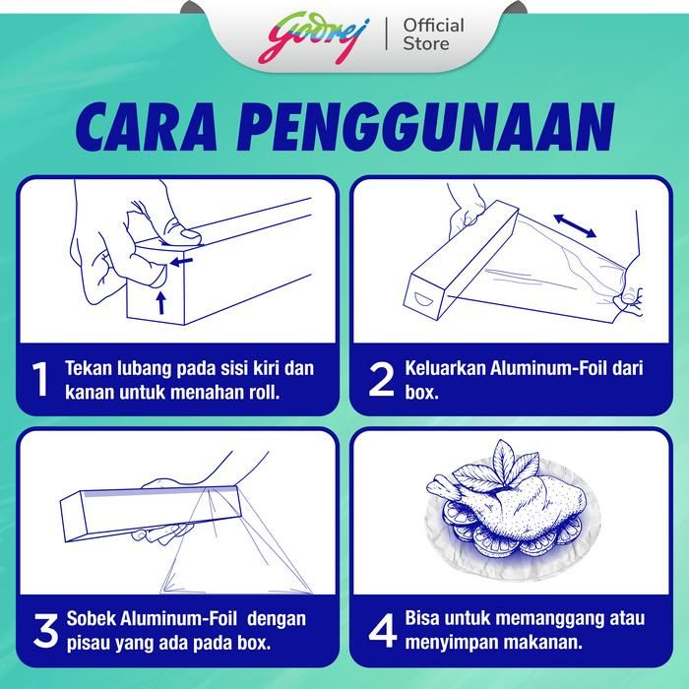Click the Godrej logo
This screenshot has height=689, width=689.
pos(313,37)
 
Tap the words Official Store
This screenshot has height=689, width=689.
pos(433,34)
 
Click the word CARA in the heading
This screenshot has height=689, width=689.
pos(147,127)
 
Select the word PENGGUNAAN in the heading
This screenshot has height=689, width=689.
pos(425,127)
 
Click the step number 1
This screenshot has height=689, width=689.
pos(40,379)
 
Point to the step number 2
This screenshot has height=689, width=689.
pos(381,379)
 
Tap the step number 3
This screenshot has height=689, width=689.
pos(45,631)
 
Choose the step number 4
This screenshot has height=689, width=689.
pos(382,631)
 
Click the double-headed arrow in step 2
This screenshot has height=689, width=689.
pos(575,225)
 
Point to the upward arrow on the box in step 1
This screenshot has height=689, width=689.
pos(161,302)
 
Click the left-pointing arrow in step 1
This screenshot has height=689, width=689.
pos(181,263)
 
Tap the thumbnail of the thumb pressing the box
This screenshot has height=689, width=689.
pos(187,234)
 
